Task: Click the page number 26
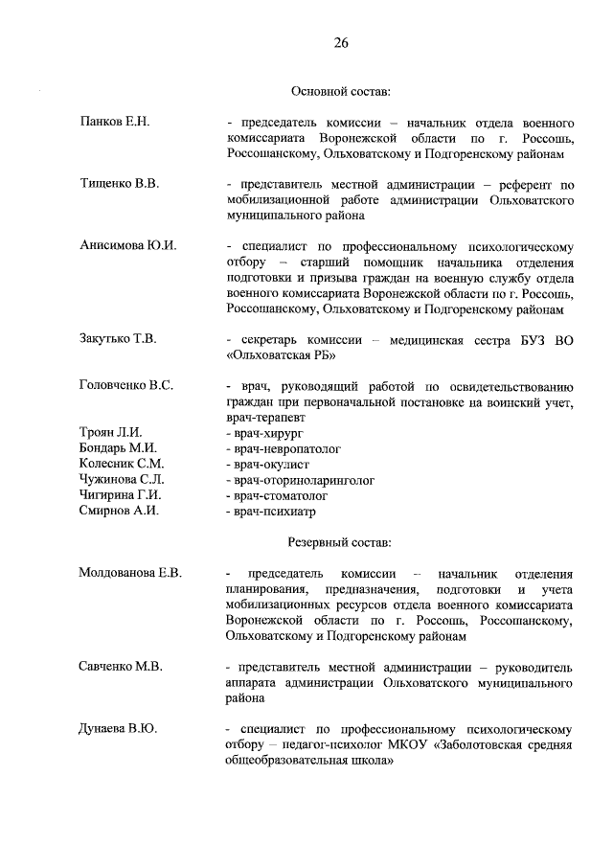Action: click(341, 42)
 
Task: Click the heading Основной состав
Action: click(341, 92)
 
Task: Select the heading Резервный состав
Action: click(341, 543)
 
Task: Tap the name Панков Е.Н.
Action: click(116, 124)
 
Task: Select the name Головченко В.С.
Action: click(126, 385)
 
